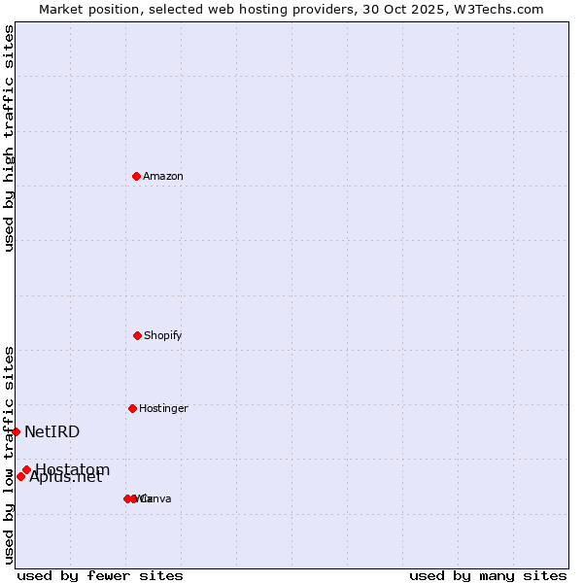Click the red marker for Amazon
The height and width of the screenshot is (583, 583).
coord(137,176)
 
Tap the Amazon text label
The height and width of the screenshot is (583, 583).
coord(163,176)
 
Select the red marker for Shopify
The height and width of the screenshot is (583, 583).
coord(137,335)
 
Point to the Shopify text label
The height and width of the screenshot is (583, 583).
coord(163,335)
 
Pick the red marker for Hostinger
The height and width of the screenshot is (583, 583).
coord(132,408)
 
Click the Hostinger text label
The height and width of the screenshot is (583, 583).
coord(163,408)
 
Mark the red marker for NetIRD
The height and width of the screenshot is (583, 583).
coord(17,431)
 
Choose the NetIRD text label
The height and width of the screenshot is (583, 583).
coord(52,431)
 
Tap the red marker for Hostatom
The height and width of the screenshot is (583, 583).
coord(26,470)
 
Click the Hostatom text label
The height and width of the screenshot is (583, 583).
coord(73,470)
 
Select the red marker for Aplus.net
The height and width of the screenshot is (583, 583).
coord(20,476)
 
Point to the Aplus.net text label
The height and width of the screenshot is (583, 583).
coord(66,477)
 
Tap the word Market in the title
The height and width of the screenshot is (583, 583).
coord(62,9)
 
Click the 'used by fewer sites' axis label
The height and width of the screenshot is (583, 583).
coord(100,575)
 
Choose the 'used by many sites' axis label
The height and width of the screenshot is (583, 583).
coord(488,575)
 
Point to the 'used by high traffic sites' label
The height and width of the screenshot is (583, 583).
coord(9,138)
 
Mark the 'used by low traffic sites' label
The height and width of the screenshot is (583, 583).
coord(9,455)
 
